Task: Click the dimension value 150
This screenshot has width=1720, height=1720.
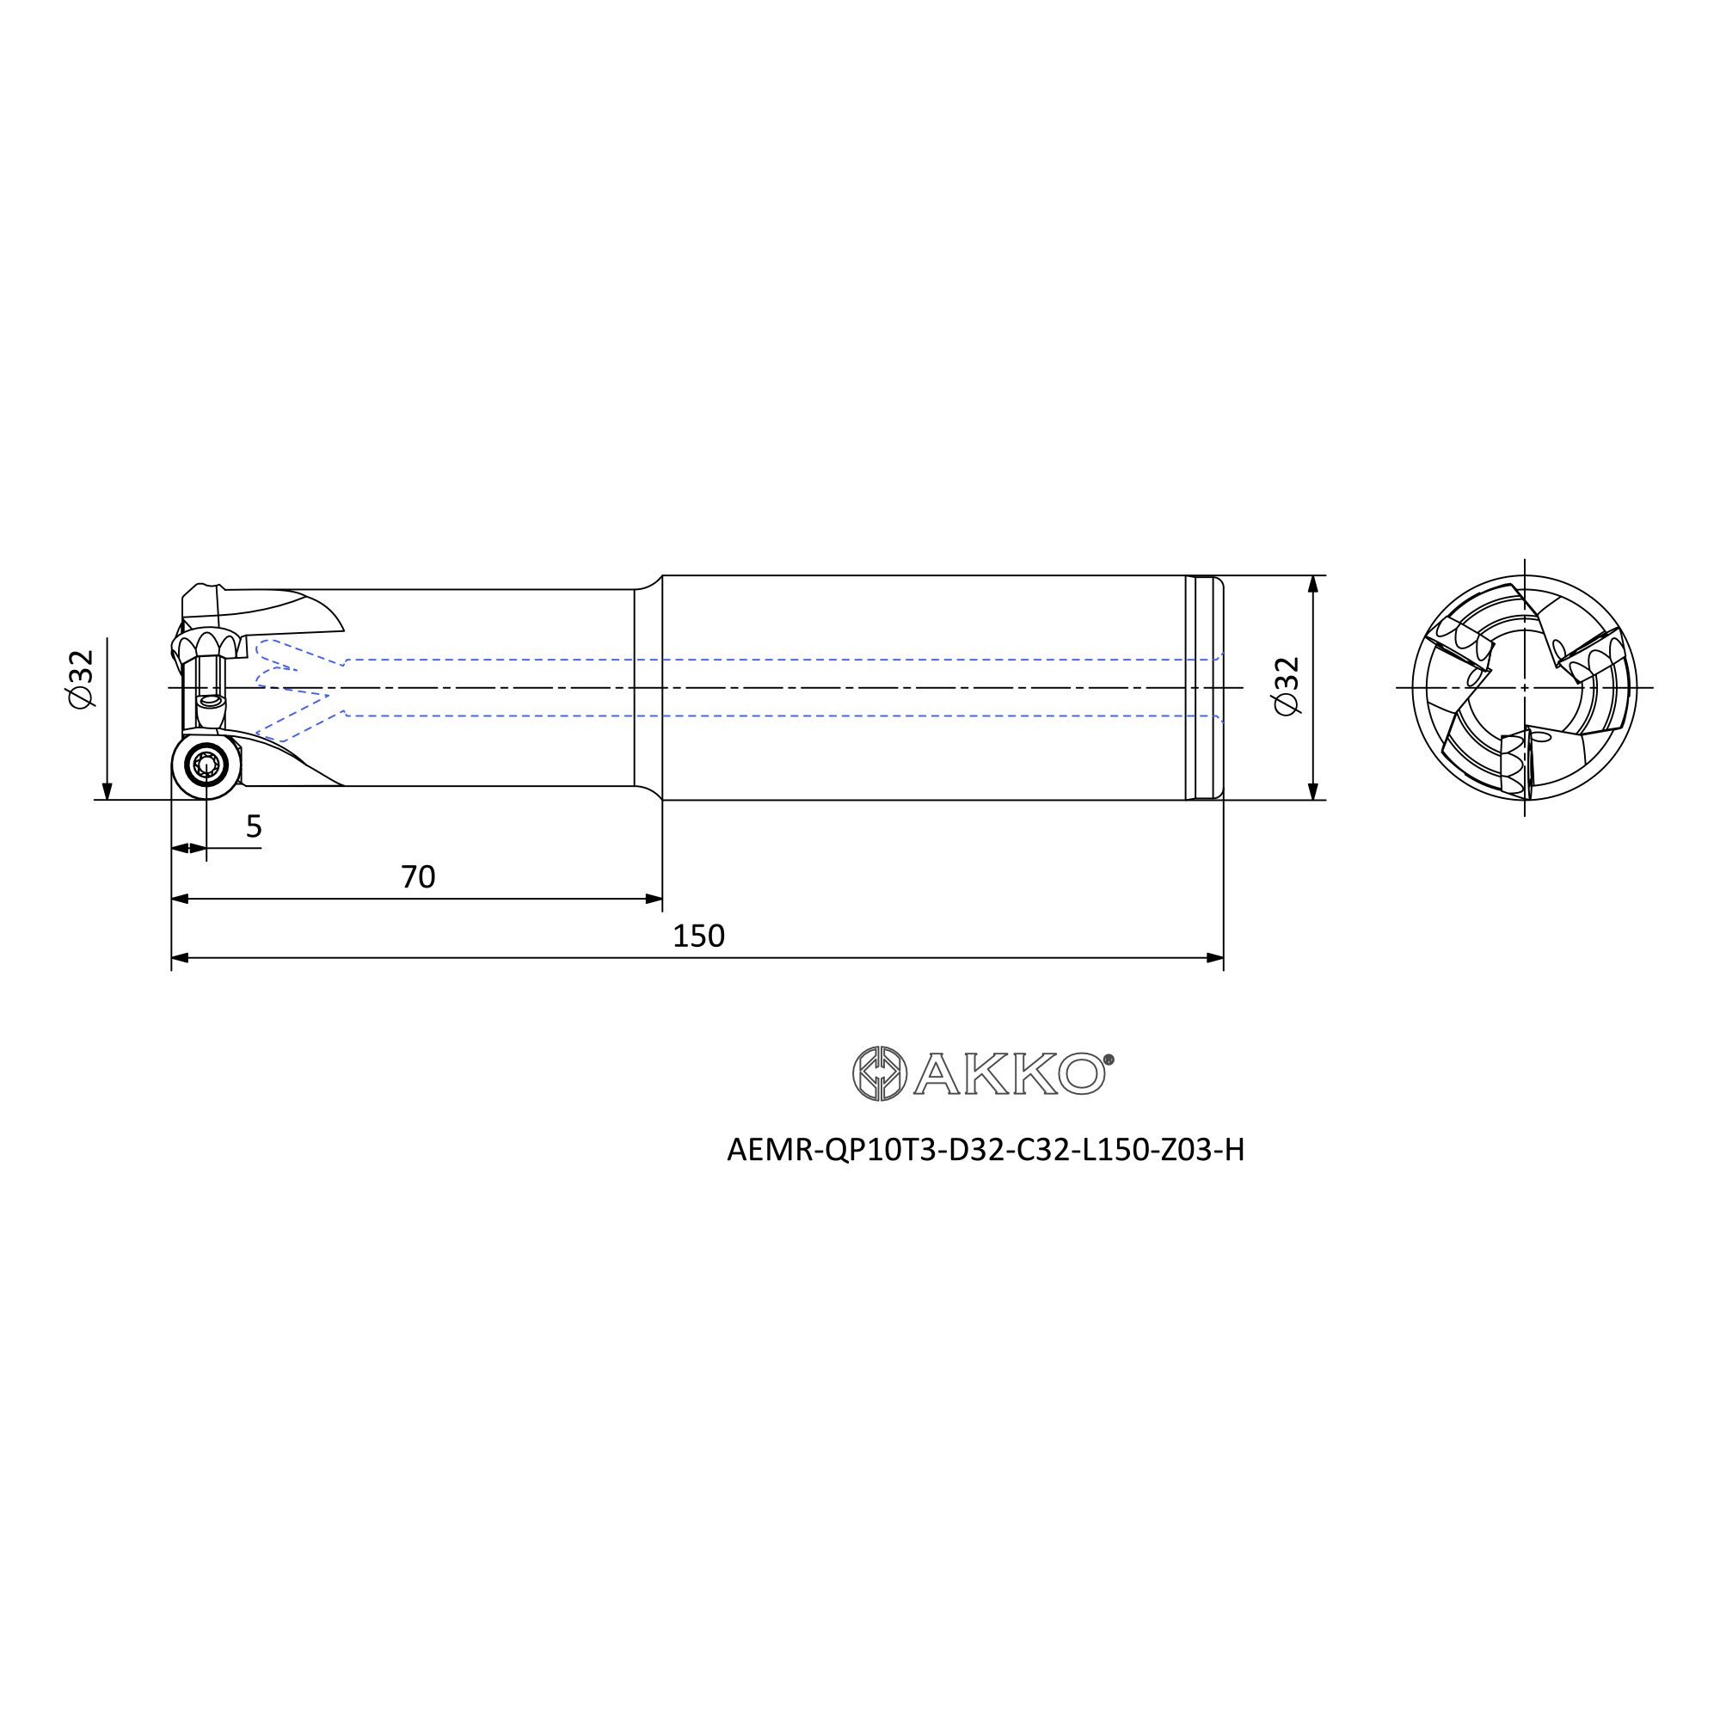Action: point(699,936)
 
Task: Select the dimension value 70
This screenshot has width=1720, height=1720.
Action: point(418,877)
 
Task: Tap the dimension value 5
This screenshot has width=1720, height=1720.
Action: point(254,826)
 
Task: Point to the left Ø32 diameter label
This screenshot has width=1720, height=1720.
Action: point(80,679)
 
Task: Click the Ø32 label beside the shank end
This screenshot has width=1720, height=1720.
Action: point(1287,686)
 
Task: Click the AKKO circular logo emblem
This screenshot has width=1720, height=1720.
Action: point(880,1073)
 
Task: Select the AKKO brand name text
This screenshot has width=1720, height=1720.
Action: point(1010,1073)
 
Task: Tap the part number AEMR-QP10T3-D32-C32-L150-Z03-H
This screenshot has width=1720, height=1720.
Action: point(986,1150)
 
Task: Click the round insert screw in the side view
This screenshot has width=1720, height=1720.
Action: point(206,765)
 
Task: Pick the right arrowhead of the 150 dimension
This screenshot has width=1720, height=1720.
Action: point(1214,958)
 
